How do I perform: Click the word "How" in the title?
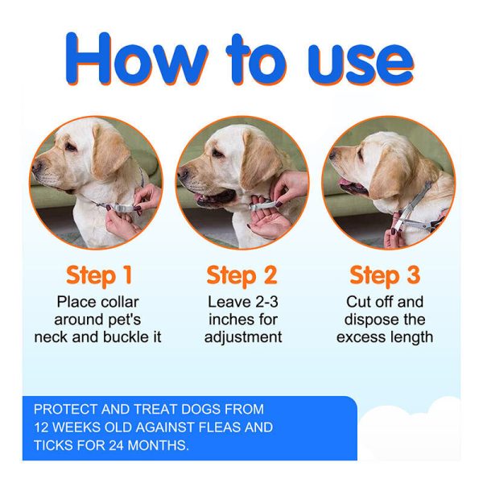point(137,58)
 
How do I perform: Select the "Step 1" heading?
point(99,275)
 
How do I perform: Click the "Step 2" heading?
point(242,275)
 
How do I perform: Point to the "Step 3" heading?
point(385,275)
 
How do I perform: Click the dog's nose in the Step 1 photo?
point(37,167)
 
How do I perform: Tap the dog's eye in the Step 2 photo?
point(217,153)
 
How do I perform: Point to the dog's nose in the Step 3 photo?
point(332,155)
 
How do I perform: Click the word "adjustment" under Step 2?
point(243,337)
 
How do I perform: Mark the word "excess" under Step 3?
point(358,337)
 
